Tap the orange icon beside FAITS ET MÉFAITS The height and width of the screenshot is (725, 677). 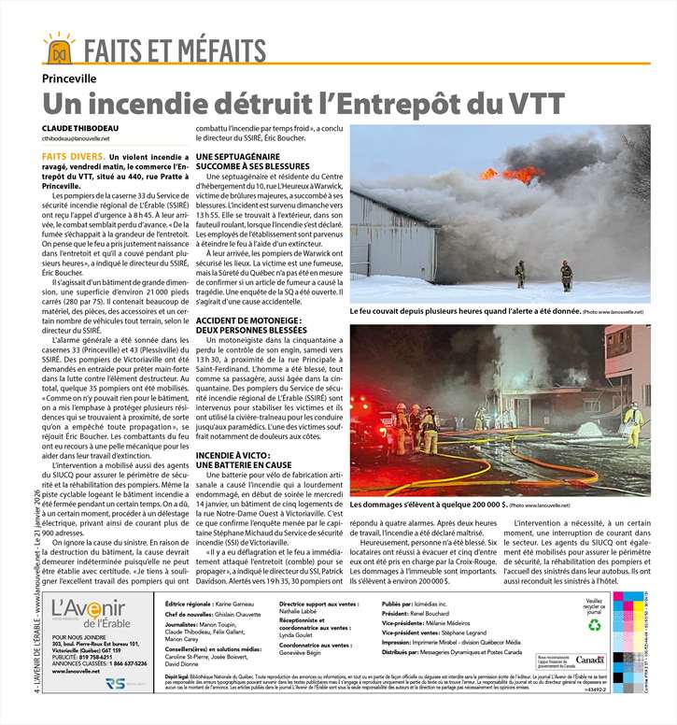(x=58, y=46)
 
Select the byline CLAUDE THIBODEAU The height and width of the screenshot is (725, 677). (x=80, y=127)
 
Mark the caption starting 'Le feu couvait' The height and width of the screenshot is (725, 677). (x=465, y=310)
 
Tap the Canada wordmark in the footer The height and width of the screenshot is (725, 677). (x=590, y=660)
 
